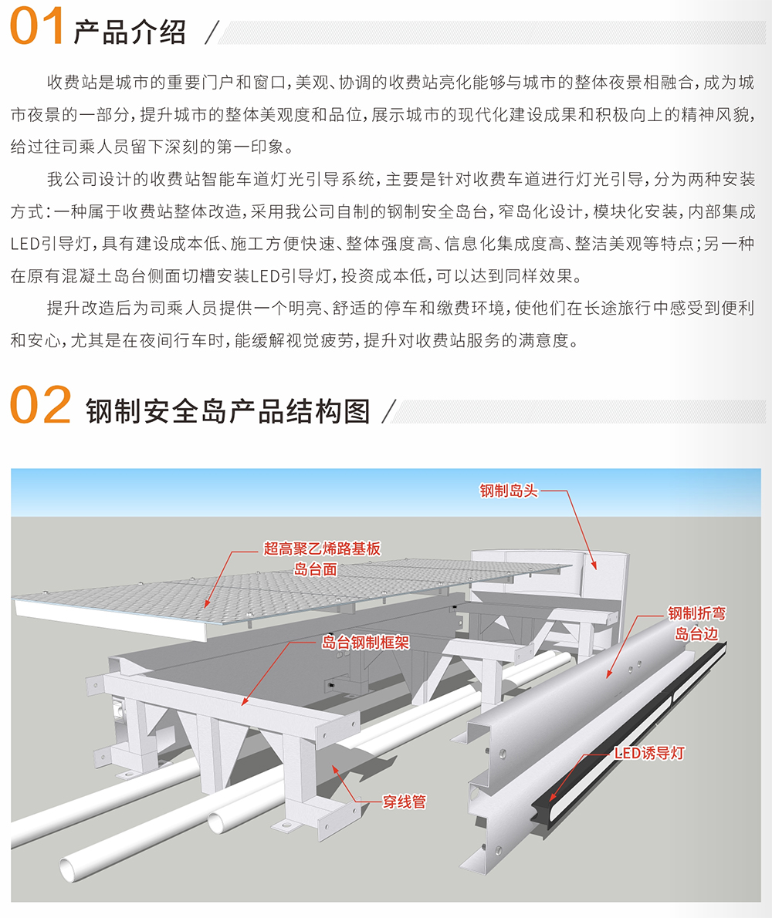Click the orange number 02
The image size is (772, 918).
[40, 405]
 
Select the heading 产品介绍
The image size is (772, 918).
[130, 32]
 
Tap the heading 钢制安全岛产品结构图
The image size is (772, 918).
[228, 411]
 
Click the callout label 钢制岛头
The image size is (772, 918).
[509, 491]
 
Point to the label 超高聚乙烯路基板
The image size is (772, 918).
[322, 548]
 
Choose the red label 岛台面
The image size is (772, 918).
[315, 569]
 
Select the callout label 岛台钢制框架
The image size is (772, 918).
[365, 643]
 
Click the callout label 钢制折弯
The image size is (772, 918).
[696, 613]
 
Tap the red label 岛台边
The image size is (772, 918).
[696, 633]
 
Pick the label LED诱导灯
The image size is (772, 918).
[649, 754]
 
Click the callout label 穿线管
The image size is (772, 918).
[405, 802]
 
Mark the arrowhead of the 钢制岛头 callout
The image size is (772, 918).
[594, 566]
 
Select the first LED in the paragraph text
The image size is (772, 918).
[23, 244]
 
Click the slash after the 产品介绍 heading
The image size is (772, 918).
[212, 32]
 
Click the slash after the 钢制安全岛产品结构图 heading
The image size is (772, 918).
[389, 412]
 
